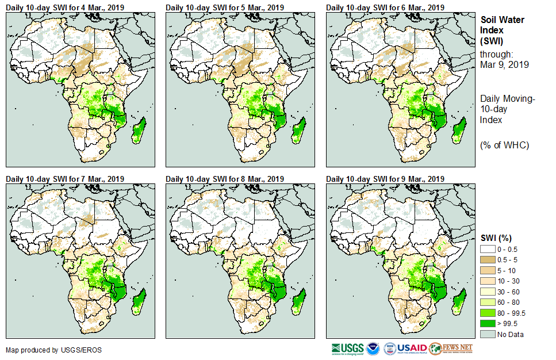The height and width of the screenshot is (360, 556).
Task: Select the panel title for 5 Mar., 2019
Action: (x=225, y=7)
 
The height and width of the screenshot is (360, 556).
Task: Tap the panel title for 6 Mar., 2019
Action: (x=385, y=7)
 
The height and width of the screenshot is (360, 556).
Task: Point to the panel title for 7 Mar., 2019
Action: (x=65, y=179)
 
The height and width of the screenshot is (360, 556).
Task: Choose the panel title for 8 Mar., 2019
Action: (x=225, y=179)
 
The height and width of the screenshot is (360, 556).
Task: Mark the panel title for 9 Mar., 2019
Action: (x=385, y=179)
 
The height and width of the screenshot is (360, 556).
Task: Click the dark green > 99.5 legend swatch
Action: (x=488, y=324)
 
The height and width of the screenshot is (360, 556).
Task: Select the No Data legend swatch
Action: (x=488, y=334)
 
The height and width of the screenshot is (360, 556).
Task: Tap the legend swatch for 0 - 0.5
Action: (x=488, y=249)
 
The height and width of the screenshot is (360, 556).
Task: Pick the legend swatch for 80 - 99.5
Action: (x=488, y=313)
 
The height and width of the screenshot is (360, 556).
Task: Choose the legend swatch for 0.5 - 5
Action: (x=488, y=260)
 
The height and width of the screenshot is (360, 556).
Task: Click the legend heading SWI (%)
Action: (x=496, y=238)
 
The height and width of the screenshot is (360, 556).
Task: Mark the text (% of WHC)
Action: (x=504, y=145)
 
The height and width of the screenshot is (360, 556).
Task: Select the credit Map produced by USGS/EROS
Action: (x=40, y=350)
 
